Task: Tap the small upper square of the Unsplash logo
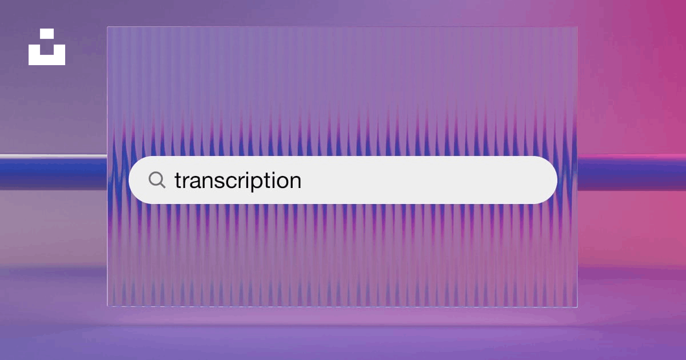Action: click(x=47, y=34)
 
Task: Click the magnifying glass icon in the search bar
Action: click(x=157, y=179)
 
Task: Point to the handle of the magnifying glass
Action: click(x=162, y=185)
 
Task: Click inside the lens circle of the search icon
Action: click(x=155, y=178)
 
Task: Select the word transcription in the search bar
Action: click(x=238, y=181)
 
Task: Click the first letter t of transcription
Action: click(x=178, y=181)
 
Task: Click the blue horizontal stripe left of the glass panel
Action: click(x=54, y=172)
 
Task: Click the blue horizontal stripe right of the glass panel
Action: click(x=632, y=173)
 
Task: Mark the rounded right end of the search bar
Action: click(x=556, y=180)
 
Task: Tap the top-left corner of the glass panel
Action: click(x=107, y=27)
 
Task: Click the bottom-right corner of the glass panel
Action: click(x=577, y=307)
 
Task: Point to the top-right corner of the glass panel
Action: click(x=577, y=27)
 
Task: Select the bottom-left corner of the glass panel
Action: click(x=107, y=306)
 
